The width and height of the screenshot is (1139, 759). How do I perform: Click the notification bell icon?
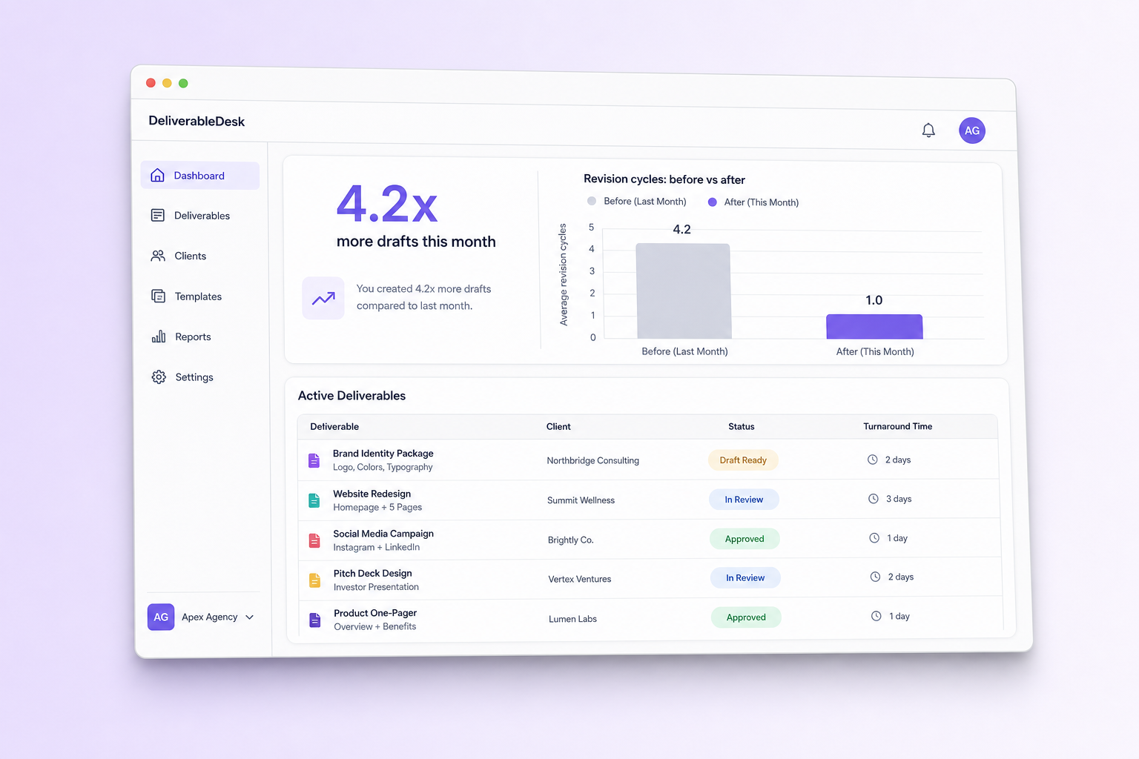(928, 130)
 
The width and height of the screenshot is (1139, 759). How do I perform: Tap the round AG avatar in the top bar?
(971, 130)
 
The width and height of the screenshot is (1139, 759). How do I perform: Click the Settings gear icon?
(159, 377)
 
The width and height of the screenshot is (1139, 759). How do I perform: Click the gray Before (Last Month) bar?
(684, 291)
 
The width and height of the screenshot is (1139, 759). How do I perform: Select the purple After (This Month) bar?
(874, 326)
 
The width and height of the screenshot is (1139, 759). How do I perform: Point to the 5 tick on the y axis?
(591, 228)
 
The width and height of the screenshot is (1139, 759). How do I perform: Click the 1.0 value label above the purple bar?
(874, 300)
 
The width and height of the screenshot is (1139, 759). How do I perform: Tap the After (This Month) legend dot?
(713, 202)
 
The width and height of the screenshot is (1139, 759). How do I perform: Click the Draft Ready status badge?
(743, 460)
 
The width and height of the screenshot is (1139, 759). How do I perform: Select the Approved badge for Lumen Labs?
(746, 617)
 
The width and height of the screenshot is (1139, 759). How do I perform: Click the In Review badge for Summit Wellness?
(744, 500)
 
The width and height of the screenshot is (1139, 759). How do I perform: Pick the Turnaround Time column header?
(897, 426)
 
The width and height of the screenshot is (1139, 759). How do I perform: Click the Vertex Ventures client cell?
(580, 579)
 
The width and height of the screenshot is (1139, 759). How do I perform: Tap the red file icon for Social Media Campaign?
(314, 540)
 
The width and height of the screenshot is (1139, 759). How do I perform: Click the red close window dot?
(151, 83)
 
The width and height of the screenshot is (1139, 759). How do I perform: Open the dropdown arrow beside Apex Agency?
(250, 617)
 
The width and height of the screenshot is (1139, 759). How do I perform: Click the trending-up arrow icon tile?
(323, 298)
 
